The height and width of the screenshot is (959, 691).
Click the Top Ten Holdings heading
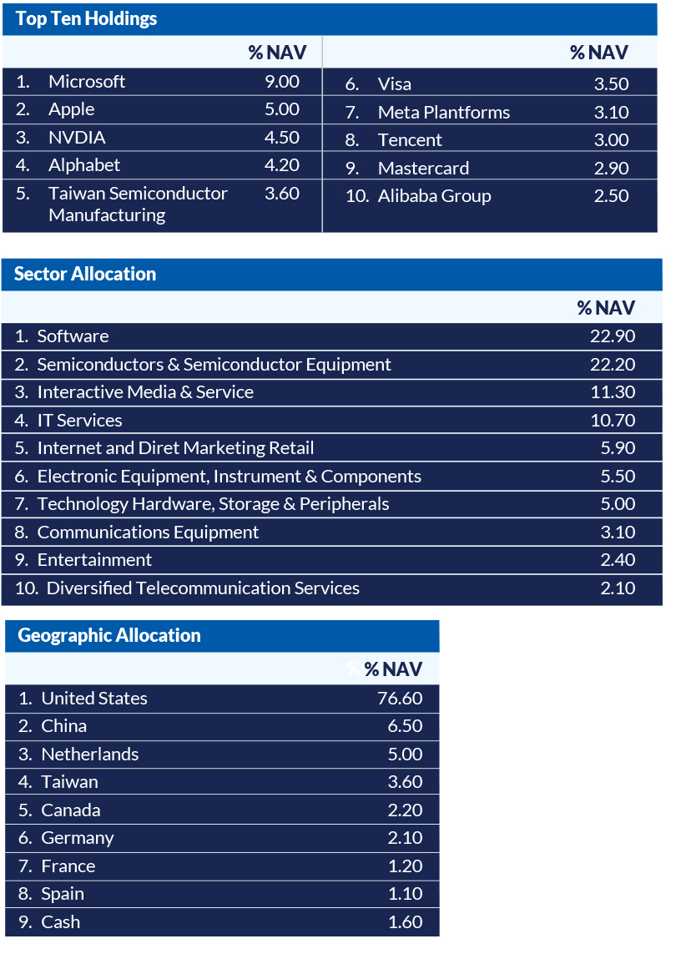[86, 19]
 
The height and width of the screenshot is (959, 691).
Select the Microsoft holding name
[87, 82]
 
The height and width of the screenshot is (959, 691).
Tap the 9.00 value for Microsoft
[281, 82]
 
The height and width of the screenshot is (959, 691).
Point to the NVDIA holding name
[77, 138]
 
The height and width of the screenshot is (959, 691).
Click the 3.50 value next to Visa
[611, 84]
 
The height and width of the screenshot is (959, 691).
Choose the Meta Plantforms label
[443, 113]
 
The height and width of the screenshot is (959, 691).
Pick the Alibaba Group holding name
[434, 196]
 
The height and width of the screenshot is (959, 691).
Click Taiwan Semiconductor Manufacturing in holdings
[138, 204]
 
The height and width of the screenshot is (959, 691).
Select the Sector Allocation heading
[85, 275]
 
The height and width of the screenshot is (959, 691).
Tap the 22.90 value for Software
[613, 336]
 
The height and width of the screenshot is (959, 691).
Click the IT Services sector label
[79, 421]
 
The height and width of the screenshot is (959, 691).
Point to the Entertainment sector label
[94, 560]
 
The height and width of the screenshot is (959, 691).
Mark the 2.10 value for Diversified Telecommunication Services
[618, 588]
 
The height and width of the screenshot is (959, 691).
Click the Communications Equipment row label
[148, 532]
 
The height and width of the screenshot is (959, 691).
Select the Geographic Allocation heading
[109, 636]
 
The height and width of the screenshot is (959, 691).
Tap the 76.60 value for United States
[400, 699]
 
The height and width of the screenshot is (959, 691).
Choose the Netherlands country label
[89, 755]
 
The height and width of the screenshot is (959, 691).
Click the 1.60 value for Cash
[405, 922]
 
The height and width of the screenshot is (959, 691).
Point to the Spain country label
[63, 894]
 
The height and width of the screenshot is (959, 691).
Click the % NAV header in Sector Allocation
[606, 308]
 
